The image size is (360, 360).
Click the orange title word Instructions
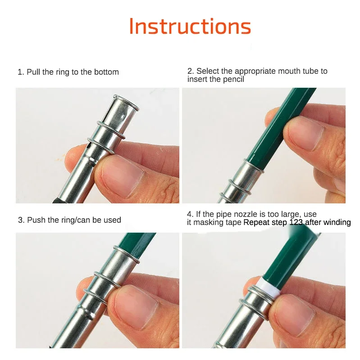click(x=190, y=27)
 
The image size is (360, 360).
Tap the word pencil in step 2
click(x=233, y=79)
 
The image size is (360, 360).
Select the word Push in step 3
click(x=36, y=220)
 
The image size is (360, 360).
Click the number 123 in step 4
click(x=296, y=222)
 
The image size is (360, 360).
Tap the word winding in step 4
click(x=337, y=222)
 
